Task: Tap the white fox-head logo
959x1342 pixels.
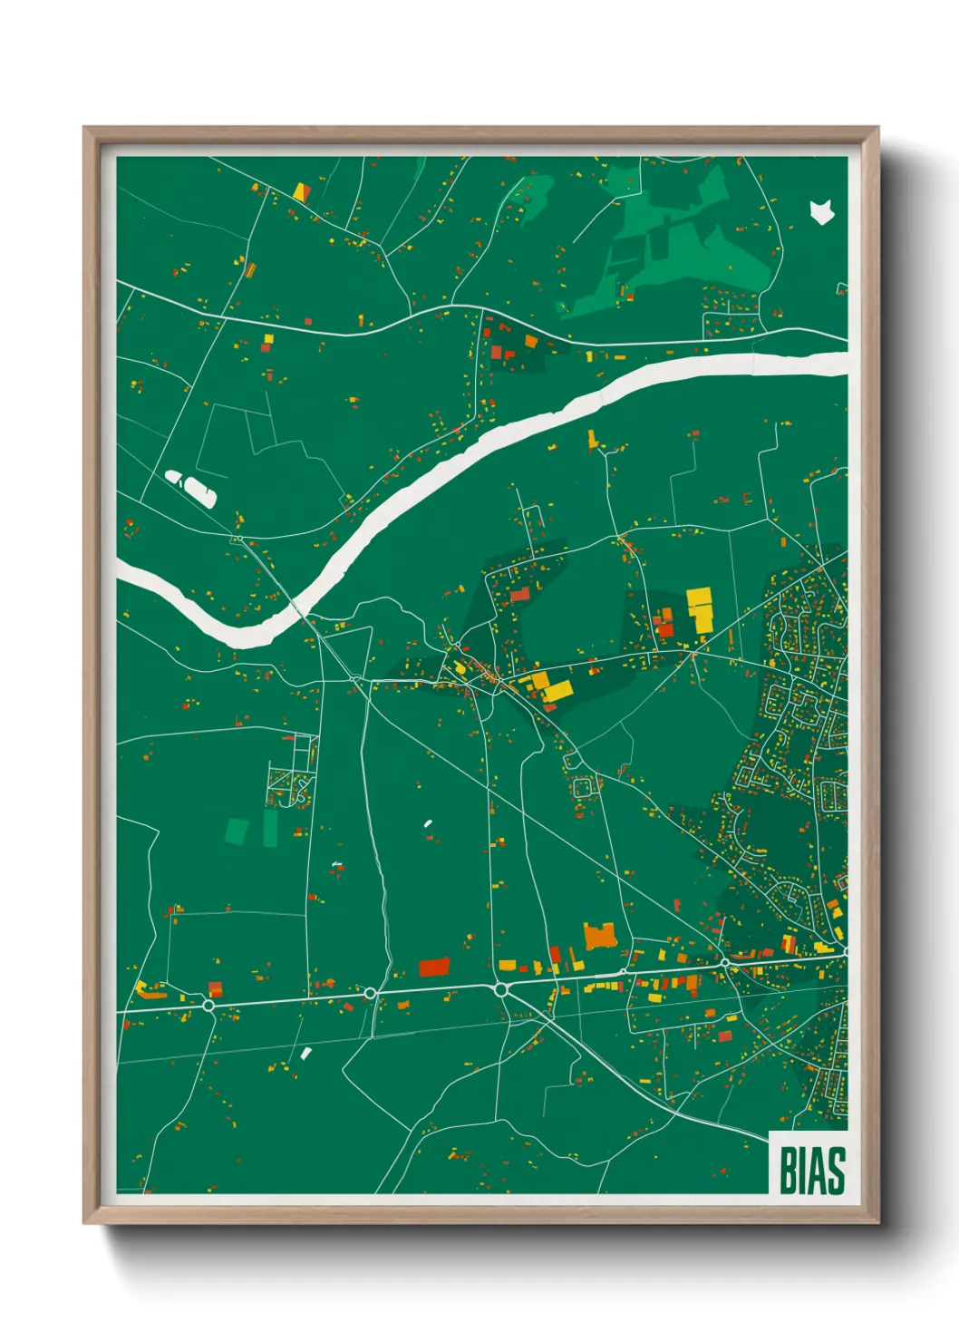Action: pyautogui.click(x=821, y=212)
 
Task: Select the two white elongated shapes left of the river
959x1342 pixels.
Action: pyautogui.click(x=191, y=487)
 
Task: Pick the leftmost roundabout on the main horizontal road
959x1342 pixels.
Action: pyautogui.click(x=208, y=1005)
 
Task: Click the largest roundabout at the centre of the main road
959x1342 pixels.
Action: pyautogui.click(x=501, y=989)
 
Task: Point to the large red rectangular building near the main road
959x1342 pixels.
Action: pyautogui.click(x=434, y=967)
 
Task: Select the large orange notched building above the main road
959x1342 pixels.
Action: pyautogui.click(x=600, y=935)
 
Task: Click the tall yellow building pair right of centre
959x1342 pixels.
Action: pyautogui.click(x=700, y=608)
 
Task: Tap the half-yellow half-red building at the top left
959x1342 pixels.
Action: pyautogui.click(x=301, y=192)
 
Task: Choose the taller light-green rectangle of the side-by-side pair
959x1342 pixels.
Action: pyautogui.click(x=270, y=828)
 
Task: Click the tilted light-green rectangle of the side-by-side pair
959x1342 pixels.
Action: pyautogui.click(x=237, y=831)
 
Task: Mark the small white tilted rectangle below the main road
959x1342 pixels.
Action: pyautogui.click(x=306, y=1053)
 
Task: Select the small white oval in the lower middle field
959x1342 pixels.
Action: pyautogui.click(x=427, y=823)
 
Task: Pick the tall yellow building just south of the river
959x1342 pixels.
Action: pyautogui.click(x=593, y=440)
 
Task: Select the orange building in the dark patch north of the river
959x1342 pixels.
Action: pyautogui.click(x=531, y=342)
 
